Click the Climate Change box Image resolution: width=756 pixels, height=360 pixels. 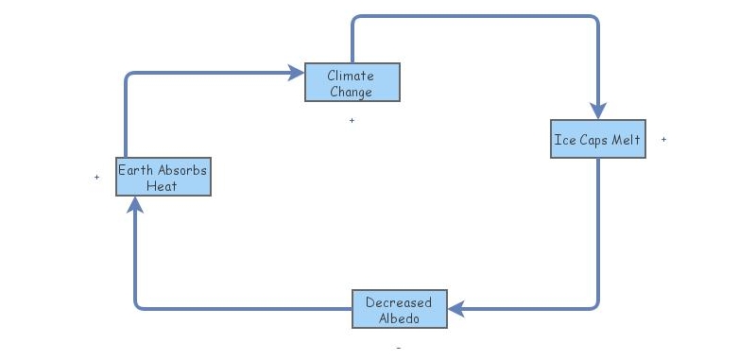click(x=352, y=82)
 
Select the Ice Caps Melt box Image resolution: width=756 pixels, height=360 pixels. click(x=598, y=139)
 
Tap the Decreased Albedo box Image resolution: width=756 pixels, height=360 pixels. click(x=399, y=310)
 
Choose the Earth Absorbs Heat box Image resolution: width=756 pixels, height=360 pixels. click(x=163, y=177)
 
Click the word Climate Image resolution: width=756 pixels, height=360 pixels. click(x=351, y=75)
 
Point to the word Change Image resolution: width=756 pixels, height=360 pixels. click(x=351, y=92)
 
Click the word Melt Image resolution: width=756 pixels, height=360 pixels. click(x=627, y=140)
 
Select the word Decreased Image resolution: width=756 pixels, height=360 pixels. click(x=399, y=302)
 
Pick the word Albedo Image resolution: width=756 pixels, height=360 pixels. click(x=399, y=318)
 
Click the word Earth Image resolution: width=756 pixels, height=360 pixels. click(x=136, y=170)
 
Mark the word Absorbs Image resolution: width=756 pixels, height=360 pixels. click(x=182, y=170)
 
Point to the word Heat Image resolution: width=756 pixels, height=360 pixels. click(x=163, y=186)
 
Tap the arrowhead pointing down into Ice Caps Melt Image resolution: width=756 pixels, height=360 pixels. click(x=598, y=110)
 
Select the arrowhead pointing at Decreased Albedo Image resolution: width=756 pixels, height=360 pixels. click(x=456, y=308)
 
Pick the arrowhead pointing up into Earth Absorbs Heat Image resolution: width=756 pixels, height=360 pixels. click(x=136, y=205)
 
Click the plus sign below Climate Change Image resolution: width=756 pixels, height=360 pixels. click(x=352, y=120)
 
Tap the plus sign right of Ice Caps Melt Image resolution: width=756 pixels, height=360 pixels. click(x=663, y=139)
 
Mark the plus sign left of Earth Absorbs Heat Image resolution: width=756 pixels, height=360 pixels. click(x=96, y=177)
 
